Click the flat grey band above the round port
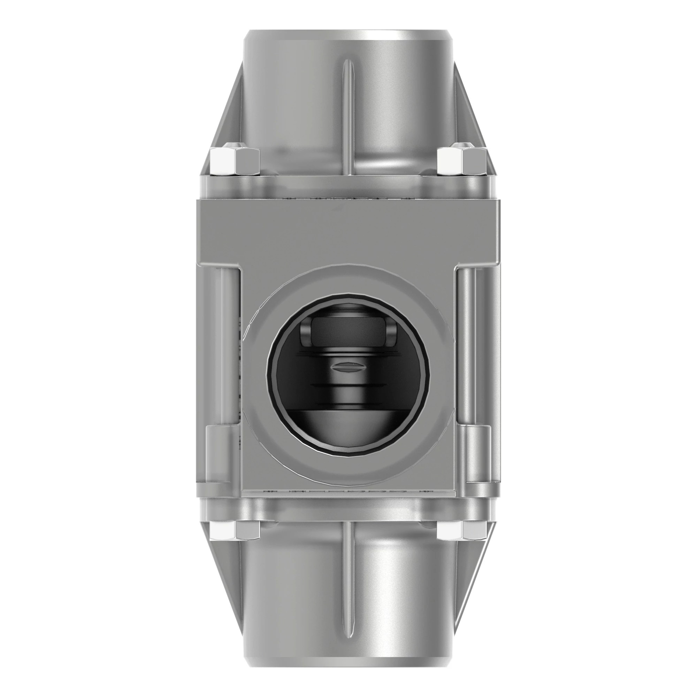pyautogui.click(x=348, y=231)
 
